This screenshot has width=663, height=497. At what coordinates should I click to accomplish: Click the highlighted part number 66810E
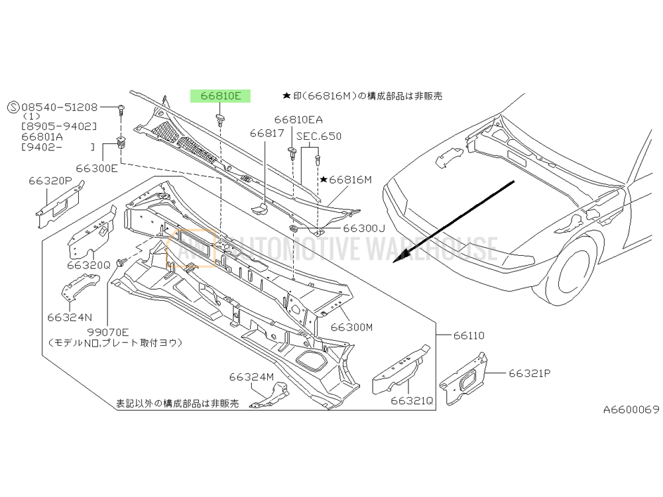pos(221,96)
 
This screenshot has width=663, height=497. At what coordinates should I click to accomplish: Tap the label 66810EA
pos(298,120)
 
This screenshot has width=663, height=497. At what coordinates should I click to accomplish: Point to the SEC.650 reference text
pos(319,137)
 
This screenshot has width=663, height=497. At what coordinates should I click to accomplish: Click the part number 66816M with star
pos(346,180)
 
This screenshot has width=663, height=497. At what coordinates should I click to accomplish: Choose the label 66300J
pos(363,229)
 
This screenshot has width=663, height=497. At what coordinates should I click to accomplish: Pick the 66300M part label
pos(352,327)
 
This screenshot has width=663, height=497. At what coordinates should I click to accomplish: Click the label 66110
pos(468,336)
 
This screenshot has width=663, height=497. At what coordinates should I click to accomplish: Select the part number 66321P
pos(530,373)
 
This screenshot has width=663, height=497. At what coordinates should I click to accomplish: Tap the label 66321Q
pos(411,401)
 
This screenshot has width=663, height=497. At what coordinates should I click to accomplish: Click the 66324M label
pos(252,377)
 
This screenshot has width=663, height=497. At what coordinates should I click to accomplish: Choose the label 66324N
pos(70,316)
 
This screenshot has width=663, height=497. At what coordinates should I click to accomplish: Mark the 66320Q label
pos(88,264)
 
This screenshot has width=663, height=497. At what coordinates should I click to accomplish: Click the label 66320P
pos(50,180)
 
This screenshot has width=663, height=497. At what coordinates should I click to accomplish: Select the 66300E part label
pos(97,168)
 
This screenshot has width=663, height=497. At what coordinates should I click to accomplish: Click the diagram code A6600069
pos(631,410)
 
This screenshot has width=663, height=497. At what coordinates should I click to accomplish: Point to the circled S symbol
pos(13,107)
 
